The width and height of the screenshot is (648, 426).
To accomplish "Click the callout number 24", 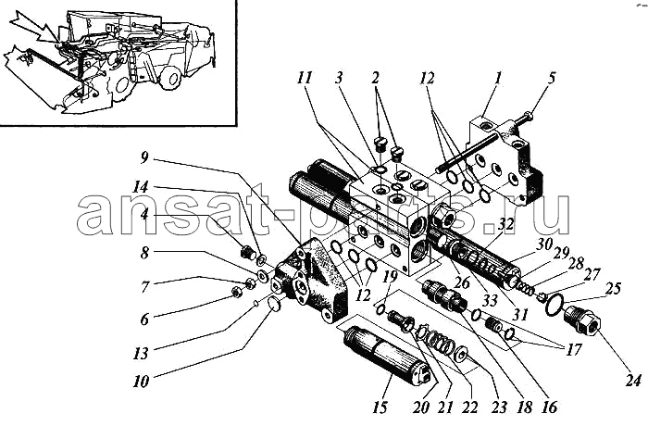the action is [x=632, y=380].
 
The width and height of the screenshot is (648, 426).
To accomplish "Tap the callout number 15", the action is [x=380, y=407].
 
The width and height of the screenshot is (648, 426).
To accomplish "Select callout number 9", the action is [x=143, y=158].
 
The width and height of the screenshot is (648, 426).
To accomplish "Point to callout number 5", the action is [x=552, y=78].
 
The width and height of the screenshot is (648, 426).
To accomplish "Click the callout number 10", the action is [x=141, y=382].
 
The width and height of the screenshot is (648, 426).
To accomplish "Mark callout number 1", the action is [x=498, y=78].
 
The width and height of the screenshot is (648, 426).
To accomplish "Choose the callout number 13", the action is [x=141, y=354].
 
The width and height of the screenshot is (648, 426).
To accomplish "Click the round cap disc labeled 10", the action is [x=273, y=305].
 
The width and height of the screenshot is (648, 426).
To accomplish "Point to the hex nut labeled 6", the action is [x=237, y=293].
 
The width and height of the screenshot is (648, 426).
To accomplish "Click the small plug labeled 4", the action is [x=247, y=252].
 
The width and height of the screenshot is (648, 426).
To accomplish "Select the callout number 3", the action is [x=339, y=78].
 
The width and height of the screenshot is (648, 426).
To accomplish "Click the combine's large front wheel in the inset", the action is [x=171, y=77].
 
